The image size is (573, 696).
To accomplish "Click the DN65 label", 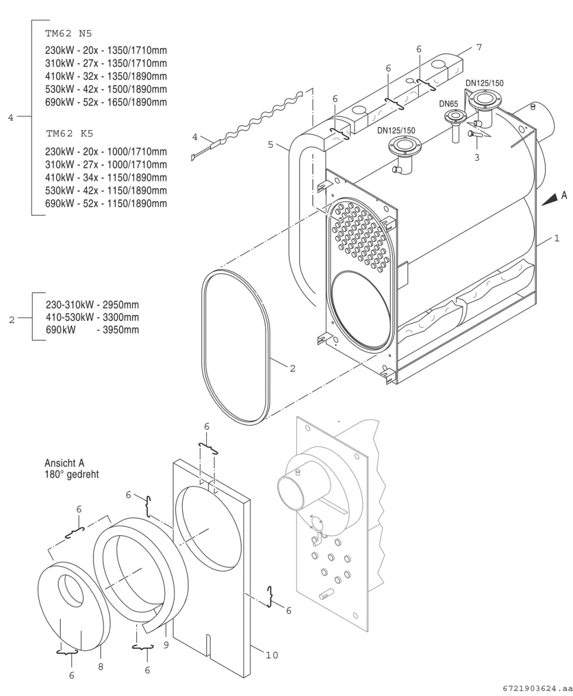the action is [448, 104].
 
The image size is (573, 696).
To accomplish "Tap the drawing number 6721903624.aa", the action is [537, 689].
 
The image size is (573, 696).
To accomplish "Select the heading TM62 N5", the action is [68, 34].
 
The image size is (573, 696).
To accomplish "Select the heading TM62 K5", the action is [70, 133].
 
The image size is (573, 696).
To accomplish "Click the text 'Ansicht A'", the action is [64, 463].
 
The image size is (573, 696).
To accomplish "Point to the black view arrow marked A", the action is [550, 200].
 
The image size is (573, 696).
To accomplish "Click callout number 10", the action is [272, 655].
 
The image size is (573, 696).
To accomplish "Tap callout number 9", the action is [166, 645].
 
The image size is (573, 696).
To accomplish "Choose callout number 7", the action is [479, 48].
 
